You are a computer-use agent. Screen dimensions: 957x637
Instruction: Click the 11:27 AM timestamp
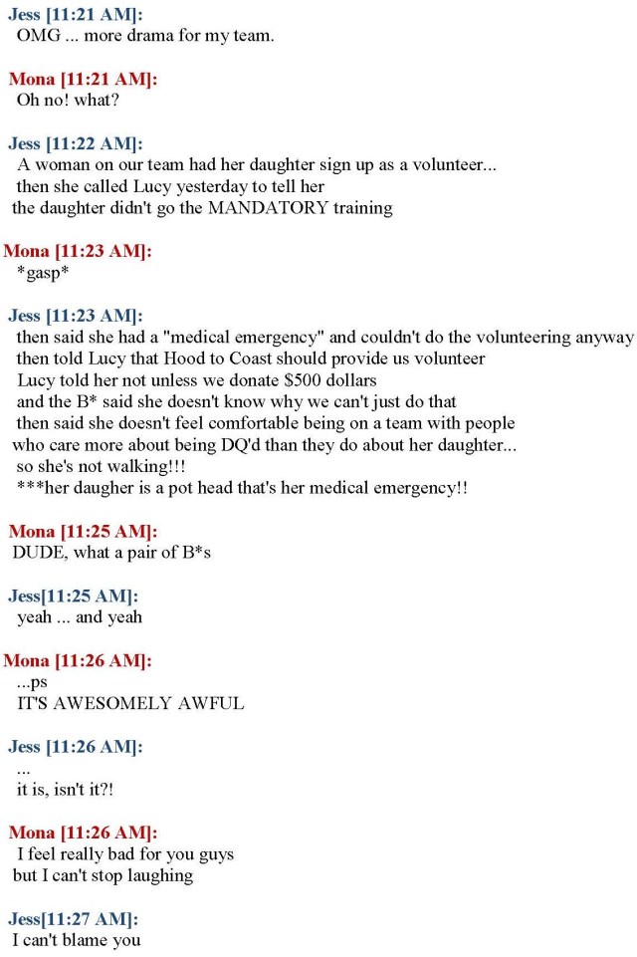point(96,918)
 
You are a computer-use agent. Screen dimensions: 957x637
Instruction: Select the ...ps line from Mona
point(32,682)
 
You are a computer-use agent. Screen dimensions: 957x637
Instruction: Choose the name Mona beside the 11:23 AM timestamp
point(27,251)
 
